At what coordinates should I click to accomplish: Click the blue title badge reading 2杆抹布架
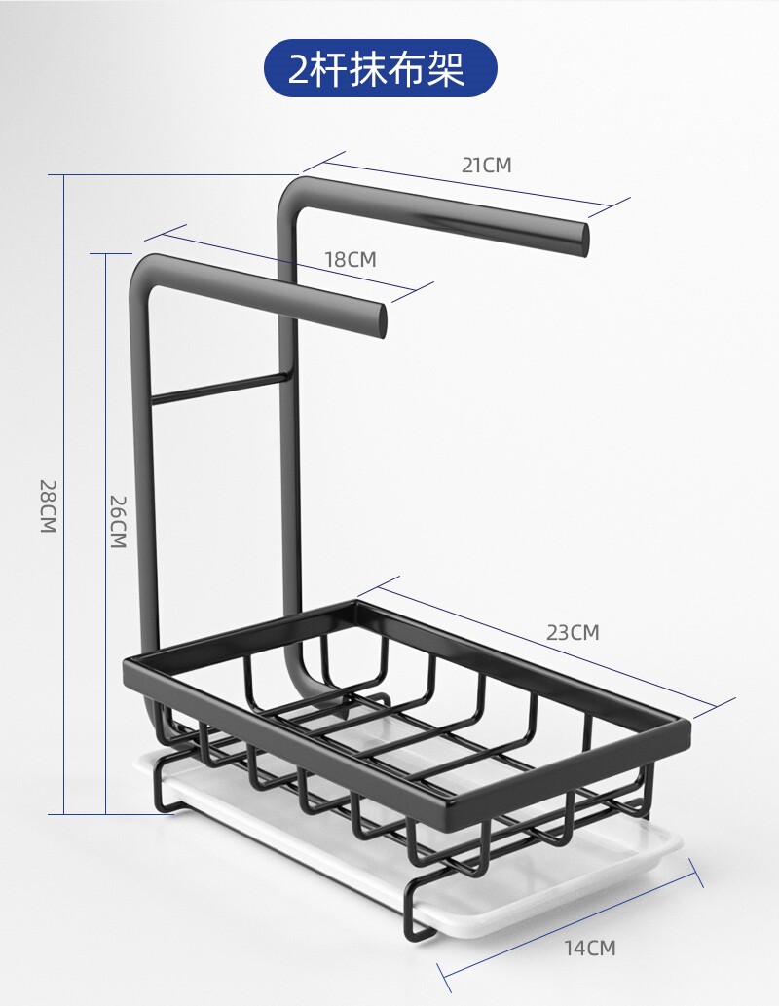[x=381, y=68]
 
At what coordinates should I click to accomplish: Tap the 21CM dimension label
[x=487, y=165]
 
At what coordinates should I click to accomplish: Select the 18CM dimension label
[x=351, y=259]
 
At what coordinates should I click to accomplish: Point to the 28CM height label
[x=49, y=506]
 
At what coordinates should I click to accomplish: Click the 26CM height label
[x=118, y=522]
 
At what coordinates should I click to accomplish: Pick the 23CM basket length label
[x=573, y=632]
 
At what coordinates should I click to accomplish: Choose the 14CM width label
[x=590, y=947]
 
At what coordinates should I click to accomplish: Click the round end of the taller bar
[x=583, y=240]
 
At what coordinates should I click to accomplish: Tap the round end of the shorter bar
[x=382, y=320]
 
